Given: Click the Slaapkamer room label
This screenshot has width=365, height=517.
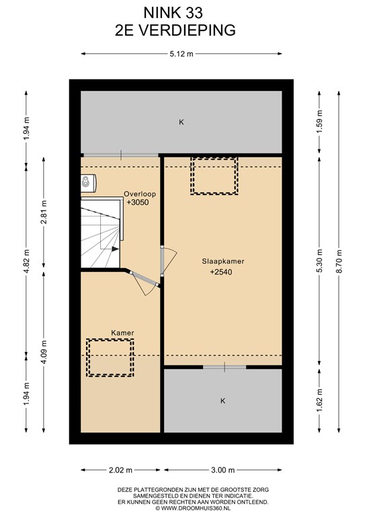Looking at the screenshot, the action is click(222, 261).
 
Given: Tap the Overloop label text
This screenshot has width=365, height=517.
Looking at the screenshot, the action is click(140, 194).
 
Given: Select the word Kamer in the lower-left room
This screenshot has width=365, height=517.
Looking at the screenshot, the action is click(122, 333).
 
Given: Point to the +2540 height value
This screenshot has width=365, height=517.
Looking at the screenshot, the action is click(221, 272).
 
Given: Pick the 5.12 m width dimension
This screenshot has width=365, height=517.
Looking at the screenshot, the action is click(181, 54).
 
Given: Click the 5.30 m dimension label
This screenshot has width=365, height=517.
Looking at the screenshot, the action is click(319, 261).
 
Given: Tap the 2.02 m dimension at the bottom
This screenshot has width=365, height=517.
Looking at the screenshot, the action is click(120, 470).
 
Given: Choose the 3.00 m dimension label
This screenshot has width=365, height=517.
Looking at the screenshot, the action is click(222, 470).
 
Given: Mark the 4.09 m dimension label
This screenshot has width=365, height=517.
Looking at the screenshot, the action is click(44, 351).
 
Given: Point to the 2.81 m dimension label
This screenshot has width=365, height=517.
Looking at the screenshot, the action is click(44, 212).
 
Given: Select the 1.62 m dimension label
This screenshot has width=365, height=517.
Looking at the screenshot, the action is click(319, 401).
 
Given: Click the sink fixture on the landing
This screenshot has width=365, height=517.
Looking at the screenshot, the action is click(88, 183).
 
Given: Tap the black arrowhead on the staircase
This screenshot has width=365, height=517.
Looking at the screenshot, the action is click(115, 249).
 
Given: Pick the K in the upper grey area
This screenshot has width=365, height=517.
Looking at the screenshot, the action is click(181, 123).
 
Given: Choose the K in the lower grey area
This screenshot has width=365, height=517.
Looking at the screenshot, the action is click(222, 401).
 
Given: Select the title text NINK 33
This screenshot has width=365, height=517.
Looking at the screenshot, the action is click(173, 13).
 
